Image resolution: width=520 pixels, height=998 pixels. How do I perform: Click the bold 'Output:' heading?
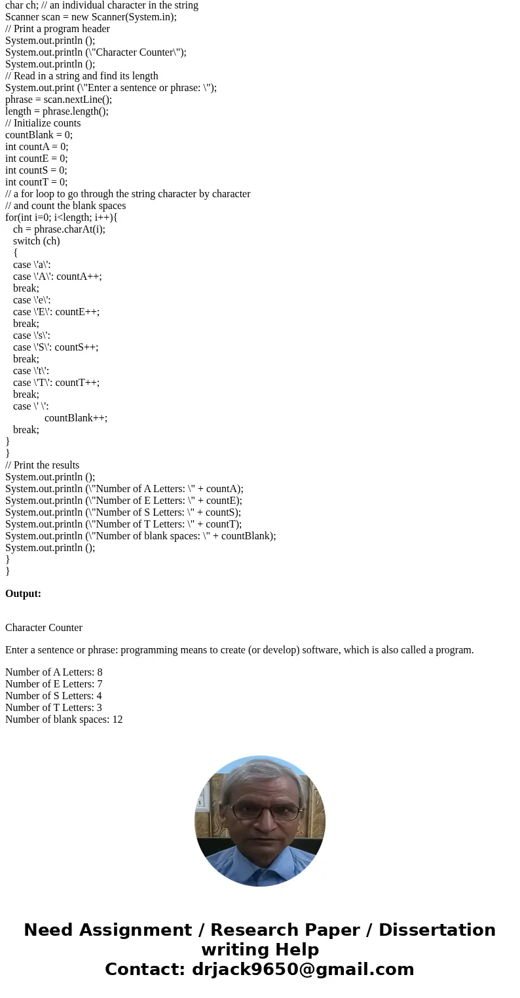point(23,594)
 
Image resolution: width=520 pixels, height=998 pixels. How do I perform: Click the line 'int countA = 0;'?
point(37,147)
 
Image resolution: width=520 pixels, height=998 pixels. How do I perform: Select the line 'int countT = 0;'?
point(36,182)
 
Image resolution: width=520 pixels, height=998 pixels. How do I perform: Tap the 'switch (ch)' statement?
point(37,241)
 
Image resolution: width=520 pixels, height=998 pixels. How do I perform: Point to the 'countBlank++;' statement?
point(76,418)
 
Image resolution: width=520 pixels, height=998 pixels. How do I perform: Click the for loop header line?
point(62,218)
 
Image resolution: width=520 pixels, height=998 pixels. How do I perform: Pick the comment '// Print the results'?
point(43,465)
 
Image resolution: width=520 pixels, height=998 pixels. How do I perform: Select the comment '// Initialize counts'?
point(43,123)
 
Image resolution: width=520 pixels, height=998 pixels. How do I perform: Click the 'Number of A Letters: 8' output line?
point(54,672)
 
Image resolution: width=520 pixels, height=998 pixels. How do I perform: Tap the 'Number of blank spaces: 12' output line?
point(64,720)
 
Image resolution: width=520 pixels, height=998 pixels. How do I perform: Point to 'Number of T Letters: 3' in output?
point(53,708)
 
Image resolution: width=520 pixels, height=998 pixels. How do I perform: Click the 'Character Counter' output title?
point(44,628)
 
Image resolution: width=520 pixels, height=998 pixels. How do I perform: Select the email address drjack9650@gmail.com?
point(303,970)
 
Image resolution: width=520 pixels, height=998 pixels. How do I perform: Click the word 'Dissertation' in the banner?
point(437,931)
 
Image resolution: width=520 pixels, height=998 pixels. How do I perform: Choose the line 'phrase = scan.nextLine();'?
point(59,100)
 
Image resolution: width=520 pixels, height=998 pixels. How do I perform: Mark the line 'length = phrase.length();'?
point(57,111)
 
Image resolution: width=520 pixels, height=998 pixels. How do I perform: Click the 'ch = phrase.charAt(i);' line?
point(59,229)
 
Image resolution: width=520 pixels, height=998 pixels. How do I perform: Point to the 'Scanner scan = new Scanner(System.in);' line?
point(91,17)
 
